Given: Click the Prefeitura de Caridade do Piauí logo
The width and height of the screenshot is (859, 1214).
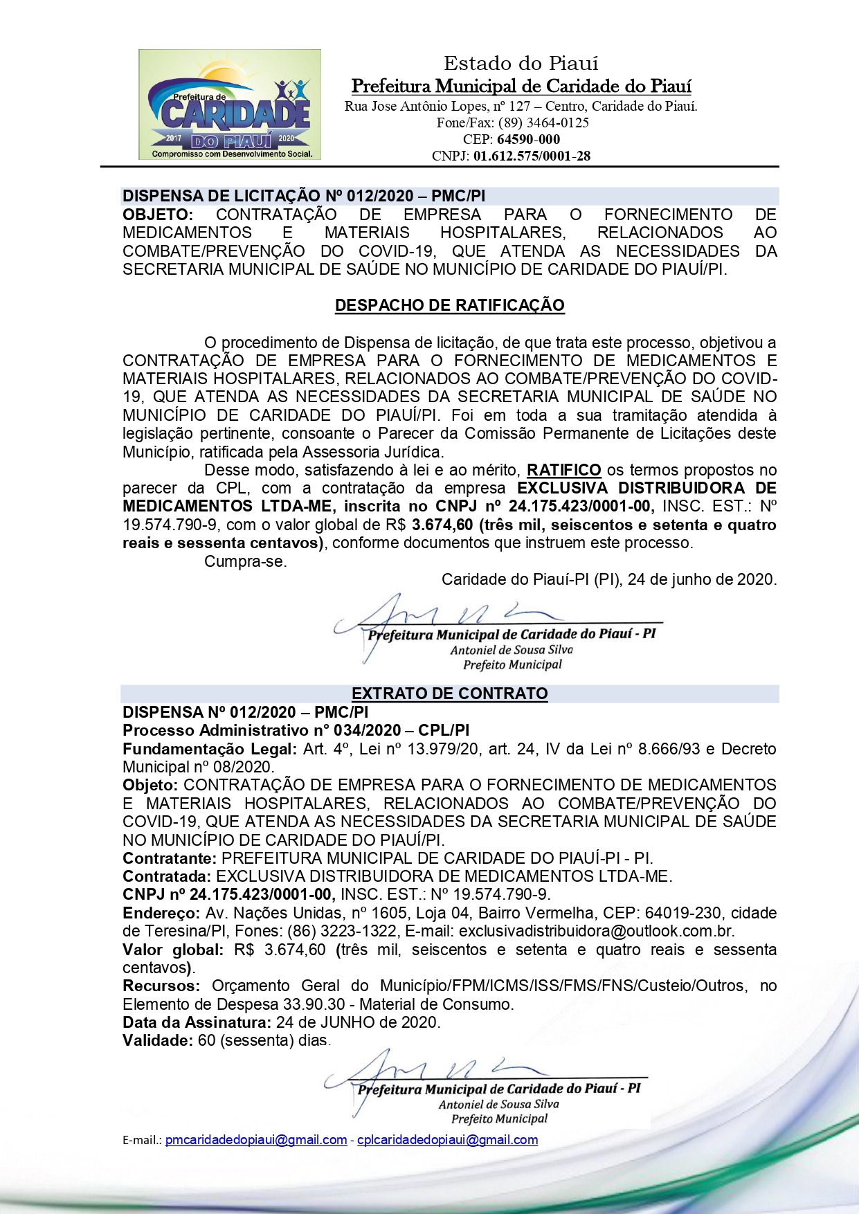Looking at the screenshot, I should [229, 105].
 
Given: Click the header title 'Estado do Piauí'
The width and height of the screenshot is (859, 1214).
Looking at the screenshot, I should [521, 64].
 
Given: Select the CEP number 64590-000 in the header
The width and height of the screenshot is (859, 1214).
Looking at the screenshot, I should [528, 139].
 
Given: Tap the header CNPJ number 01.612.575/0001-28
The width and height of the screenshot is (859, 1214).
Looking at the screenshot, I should [532, 156].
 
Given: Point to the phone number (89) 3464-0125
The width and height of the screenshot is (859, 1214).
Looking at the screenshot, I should [543, 123].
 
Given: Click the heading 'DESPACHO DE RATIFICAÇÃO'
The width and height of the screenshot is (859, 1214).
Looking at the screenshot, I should [449, 305].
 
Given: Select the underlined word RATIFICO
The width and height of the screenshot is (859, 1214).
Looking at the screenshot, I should [563, 471].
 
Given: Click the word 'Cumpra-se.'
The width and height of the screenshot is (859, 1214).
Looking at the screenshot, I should [245, 561].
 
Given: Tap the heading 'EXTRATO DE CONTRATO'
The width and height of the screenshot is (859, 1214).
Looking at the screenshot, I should [449, 694].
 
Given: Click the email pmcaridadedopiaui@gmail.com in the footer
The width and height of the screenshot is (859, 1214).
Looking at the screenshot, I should [256, 1140].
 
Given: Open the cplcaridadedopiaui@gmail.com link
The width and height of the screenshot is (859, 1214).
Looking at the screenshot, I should [447, 1140].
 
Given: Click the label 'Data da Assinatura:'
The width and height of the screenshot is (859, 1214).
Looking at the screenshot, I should [197, 1022].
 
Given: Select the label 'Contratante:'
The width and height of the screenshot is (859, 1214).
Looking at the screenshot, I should [170, 858].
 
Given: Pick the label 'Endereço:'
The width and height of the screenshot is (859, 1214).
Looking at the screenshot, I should [161, 913].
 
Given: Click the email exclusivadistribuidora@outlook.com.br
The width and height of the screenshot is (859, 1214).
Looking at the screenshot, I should [596, 931].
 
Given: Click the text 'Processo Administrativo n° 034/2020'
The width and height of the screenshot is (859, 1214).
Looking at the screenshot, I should [262, 730].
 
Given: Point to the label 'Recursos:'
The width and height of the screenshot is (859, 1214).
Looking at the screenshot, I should [161, 986].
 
